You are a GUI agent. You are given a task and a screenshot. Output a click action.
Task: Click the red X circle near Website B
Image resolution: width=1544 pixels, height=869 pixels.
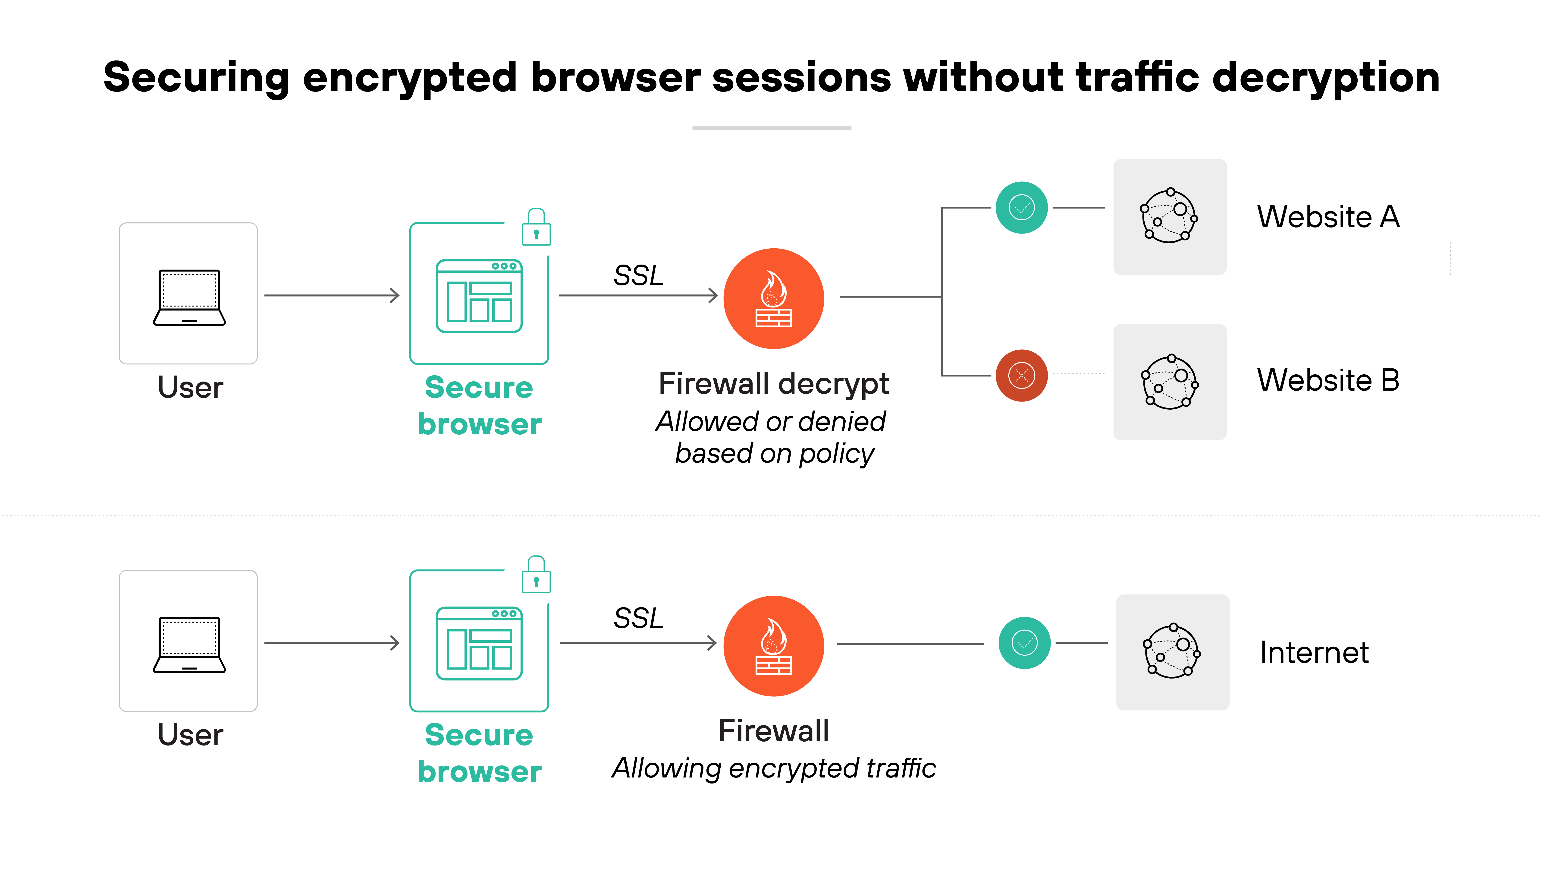click(1021, 376)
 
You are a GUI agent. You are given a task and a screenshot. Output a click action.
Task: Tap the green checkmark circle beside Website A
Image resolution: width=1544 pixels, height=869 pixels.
click(1021, 208)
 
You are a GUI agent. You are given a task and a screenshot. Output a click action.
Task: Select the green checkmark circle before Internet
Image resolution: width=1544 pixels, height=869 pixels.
click(1024, 643)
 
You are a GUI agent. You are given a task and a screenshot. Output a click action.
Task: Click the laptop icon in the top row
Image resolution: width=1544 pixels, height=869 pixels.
click(189, 297)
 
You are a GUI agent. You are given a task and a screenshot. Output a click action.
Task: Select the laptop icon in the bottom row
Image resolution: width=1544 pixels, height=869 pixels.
click(189, 645)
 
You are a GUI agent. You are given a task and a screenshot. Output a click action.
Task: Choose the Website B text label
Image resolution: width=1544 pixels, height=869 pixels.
click(1328, 380)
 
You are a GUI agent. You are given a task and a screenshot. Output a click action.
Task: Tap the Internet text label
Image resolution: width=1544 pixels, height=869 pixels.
click(1314, 652)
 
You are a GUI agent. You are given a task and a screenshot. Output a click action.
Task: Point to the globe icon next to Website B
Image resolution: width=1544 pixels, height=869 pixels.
click(1169, 382)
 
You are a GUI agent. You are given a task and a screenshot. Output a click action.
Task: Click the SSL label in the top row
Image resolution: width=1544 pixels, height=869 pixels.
click(638, 276)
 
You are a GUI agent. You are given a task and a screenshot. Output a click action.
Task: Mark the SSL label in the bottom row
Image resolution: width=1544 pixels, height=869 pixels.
click(638, 618)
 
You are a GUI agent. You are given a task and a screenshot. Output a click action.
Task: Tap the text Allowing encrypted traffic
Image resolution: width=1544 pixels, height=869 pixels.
click(773, 768)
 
